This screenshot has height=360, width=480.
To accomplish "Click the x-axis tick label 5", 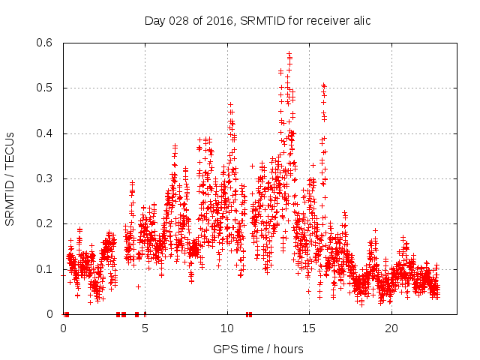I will [x=145, y=328].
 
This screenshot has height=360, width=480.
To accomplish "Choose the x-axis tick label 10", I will [x=227, y=328].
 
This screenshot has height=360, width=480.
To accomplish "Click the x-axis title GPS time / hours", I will [x=258, y=349].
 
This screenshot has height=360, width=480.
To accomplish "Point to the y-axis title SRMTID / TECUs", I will [x=10, y=178].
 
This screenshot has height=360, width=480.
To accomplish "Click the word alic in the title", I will [x=361, y=20].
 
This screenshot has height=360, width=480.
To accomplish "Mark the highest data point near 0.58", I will [x=289, y=54].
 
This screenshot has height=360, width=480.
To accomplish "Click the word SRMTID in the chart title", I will [x=256, y=20].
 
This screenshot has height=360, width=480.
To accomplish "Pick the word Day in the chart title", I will [x=154, y=20].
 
